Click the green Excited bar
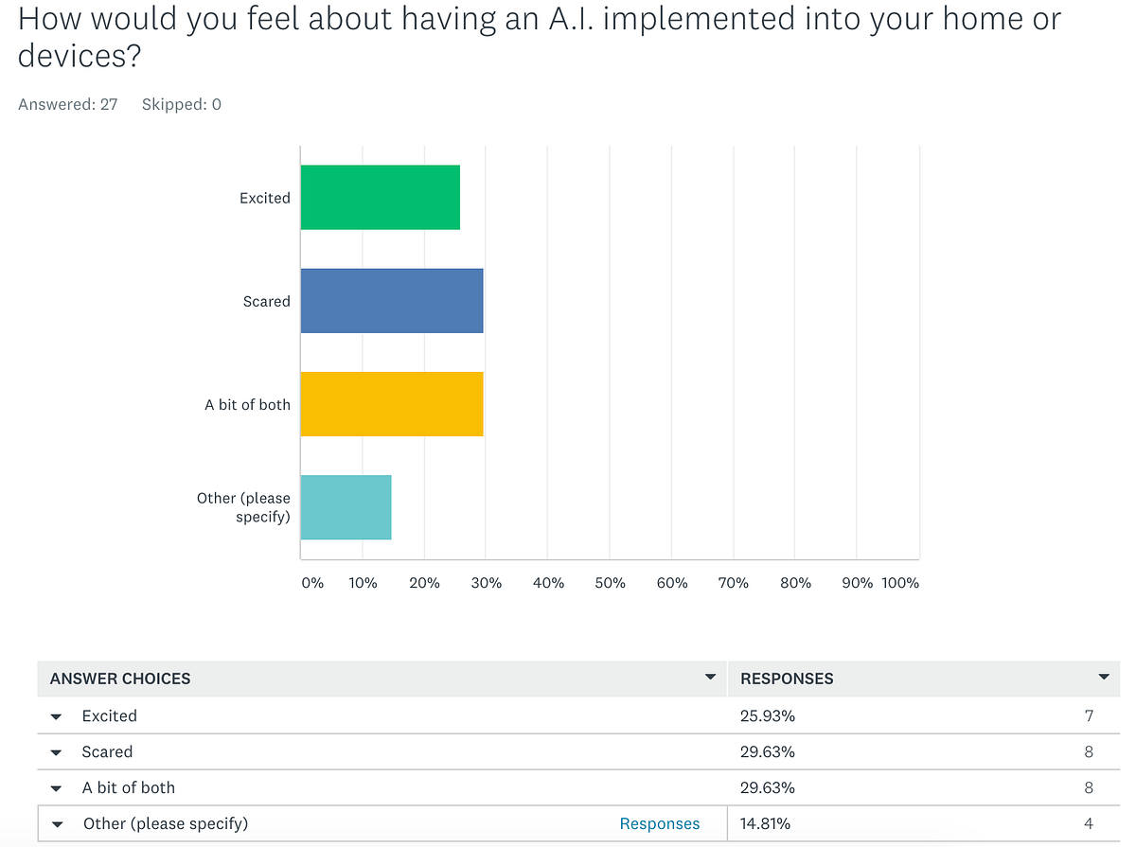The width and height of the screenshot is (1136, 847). (380, 197)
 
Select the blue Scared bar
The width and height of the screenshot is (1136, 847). (392, 301)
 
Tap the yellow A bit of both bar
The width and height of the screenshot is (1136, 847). (392, 404)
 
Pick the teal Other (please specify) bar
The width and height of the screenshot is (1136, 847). (346, 507)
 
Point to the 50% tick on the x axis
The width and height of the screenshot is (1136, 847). (610, 583)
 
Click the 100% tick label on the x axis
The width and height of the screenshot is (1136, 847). (899, 583)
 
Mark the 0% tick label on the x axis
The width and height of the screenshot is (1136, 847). (312, 583)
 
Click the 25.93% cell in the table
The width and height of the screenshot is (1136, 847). (768, 716)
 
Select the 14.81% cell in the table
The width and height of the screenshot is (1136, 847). (768, 823)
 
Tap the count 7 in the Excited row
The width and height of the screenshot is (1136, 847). (1089, 716)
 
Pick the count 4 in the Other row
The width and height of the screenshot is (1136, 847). (1089, 823)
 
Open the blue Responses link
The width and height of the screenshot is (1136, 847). (660, 823)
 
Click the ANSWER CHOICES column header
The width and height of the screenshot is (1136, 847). (120, 679)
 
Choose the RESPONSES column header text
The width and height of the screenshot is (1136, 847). (787, 679)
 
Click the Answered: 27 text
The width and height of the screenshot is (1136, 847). (68, 104)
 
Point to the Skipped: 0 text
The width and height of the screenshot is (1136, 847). (182, 104)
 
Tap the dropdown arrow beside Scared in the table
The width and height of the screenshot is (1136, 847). (57, 753)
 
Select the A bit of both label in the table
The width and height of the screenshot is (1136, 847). (129, 787)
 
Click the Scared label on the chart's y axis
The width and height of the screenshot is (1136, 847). (266, 301)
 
